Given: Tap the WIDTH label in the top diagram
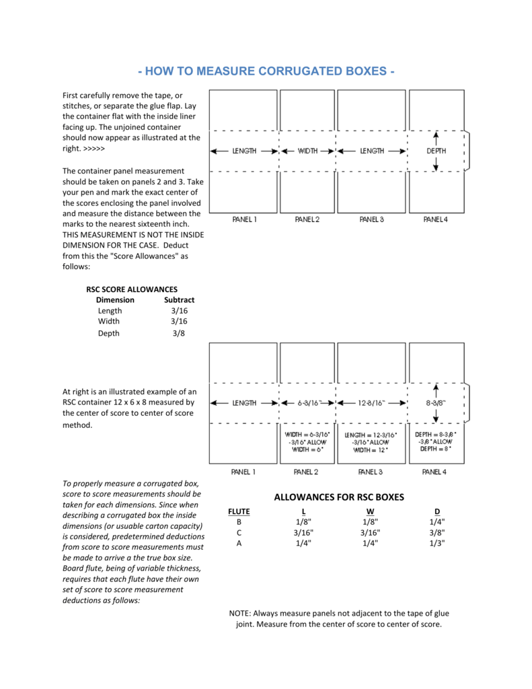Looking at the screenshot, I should (x=308, y=151).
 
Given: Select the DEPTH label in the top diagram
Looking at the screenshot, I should (x=436, y=151).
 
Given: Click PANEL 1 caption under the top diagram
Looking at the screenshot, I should (x=244, y=219).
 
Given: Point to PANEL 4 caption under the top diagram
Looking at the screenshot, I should (x=435, y=219).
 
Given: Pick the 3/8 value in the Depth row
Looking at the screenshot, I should (x=178, y=333).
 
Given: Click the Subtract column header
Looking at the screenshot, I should (x=179, y=299).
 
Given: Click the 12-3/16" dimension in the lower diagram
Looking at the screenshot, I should (x=371, y=403).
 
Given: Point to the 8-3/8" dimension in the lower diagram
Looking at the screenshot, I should (x=436, y=403).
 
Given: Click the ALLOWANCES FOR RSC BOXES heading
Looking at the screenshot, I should (x=340, y=497).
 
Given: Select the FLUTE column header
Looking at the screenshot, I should (x=239, y=511).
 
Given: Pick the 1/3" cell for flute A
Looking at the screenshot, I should (x=436, y=543).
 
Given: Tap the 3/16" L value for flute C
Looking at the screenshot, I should (x=304, y=532).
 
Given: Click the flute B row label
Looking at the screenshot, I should (x=239, y=521).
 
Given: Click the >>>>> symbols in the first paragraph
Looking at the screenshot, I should (x=93, y=148).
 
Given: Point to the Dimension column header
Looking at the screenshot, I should (x=115, y=299).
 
